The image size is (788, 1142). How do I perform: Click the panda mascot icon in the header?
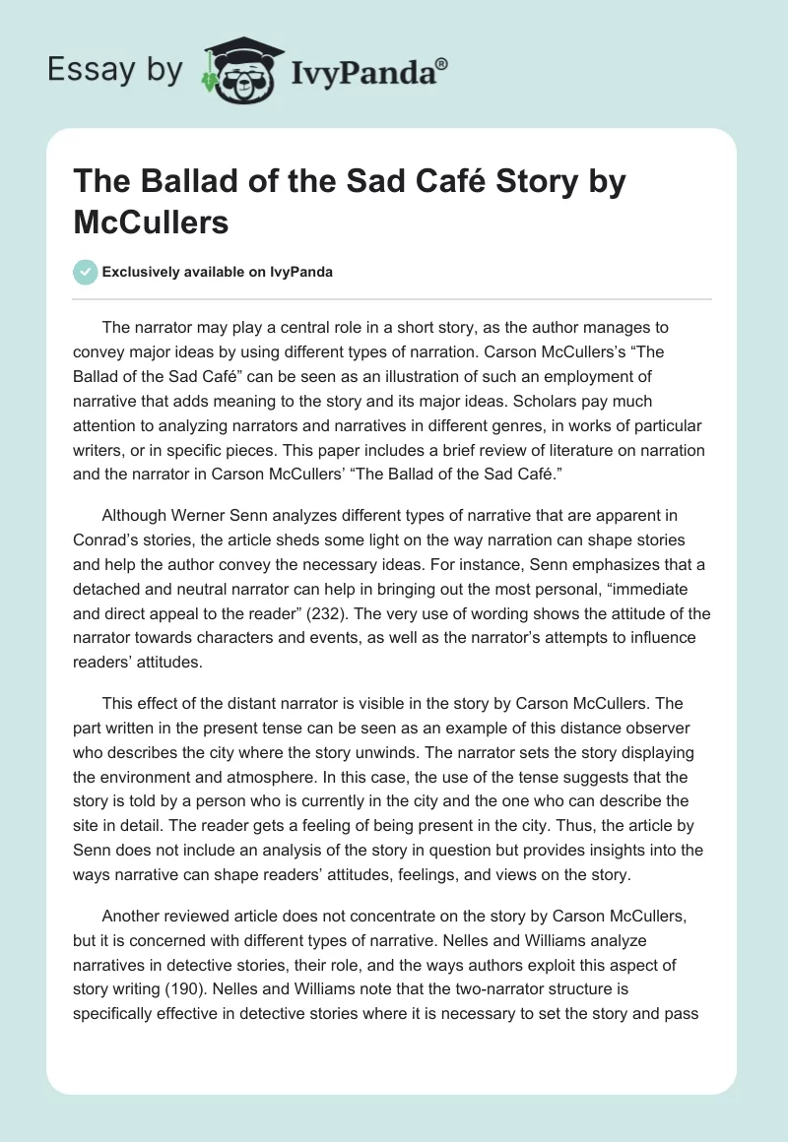239,70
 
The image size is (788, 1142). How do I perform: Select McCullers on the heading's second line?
152,222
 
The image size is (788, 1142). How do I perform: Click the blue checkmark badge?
87,273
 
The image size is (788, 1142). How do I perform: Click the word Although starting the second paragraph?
139,515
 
